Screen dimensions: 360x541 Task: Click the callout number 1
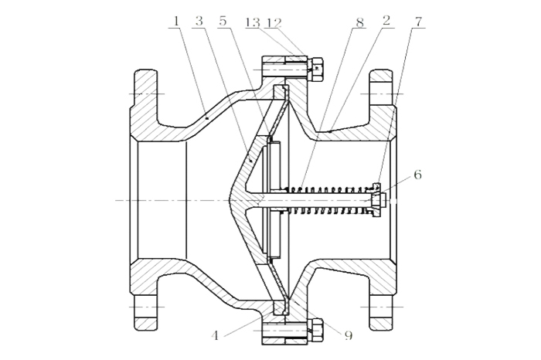176,21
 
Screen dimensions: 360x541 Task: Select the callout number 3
199,21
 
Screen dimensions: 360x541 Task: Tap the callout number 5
224,21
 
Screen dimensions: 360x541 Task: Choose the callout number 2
385,21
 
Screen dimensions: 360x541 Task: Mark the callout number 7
417,21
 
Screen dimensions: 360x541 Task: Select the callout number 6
417,175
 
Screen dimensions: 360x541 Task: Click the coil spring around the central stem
325,199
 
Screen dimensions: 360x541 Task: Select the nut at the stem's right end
376,200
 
